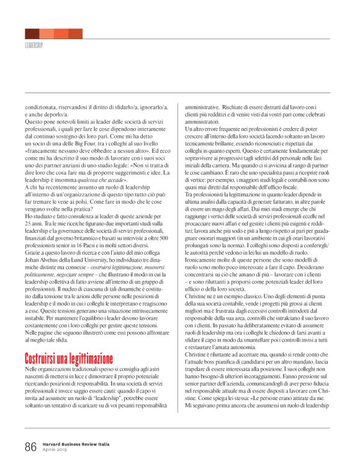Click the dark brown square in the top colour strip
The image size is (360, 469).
(x=32, y=34)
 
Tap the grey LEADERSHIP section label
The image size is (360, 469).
(x=34, y=46)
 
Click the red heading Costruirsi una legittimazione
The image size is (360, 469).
(x=69, y=358)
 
